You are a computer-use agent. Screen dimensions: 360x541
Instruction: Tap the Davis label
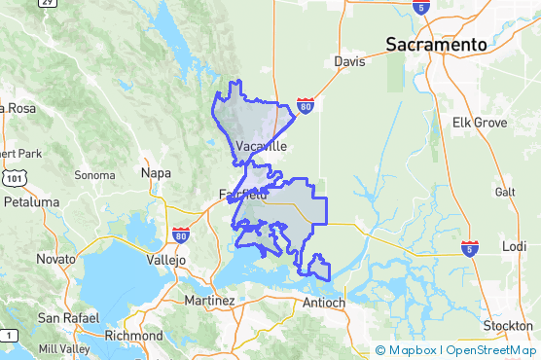pos(349,61)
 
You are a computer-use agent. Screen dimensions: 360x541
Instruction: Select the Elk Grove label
pos(474,123)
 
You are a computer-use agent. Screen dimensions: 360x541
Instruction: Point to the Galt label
pos(505,192)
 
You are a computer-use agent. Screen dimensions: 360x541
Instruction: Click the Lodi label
pos(513,246)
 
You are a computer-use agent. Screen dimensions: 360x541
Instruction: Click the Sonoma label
pos(95,176)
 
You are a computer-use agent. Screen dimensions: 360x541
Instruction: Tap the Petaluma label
pos(32,202)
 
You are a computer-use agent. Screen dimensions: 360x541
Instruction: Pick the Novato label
pos(55,260)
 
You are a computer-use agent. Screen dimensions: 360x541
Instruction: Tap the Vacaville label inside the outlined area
pos(262,146)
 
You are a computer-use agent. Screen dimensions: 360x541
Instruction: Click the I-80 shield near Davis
pos(305,105)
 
